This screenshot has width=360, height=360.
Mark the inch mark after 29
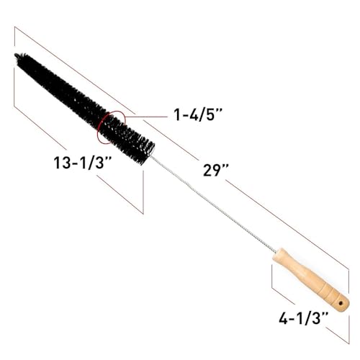227,169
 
